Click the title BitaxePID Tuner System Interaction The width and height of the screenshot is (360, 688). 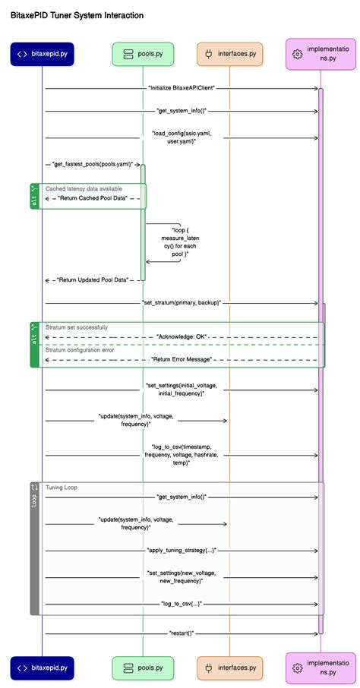pyautogui.click(x=77, y=15)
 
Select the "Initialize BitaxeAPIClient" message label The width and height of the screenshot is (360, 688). pyautogui.click(x=182, y=88)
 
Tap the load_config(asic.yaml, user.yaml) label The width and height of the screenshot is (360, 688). pyautogui.click(x=178, y=137)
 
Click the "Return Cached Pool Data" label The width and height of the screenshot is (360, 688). pyautogui.click(x=93, y=199)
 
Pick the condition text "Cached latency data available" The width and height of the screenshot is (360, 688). pyautogui.click(x=84, y=188)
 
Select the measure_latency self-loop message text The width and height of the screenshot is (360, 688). pyautogui.click(x=180, y=243)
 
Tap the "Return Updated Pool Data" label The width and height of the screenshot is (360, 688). pyautogui.click(x=92, y=280)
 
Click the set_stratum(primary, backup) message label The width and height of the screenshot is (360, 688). pyautogui.click(x=182, y=303)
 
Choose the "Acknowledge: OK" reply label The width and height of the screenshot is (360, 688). pyautogui.click(x=182, y=337)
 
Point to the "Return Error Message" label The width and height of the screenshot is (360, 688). pyautogui.click(x=182, y=360)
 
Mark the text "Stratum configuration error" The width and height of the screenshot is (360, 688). pyautogui.click(x=80, y=350)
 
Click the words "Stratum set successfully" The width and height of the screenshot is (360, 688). pyautogui.click(x=77, y=327)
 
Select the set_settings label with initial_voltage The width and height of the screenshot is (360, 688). pyautogui.click(x=182, y=390)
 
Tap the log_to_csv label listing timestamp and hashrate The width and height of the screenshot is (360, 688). pyautogui.click(x=182, y=455)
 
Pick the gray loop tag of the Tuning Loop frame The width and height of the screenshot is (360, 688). pyautogui.click(x=35, y=548)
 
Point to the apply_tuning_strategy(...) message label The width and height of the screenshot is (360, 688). pyautogui.click(x=182, y=551)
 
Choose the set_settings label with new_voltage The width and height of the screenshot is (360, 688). pyautogui.click(x=182, y=577)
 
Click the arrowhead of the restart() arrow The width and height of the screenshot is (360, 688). pyautogui.click(x=316, y=633)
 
